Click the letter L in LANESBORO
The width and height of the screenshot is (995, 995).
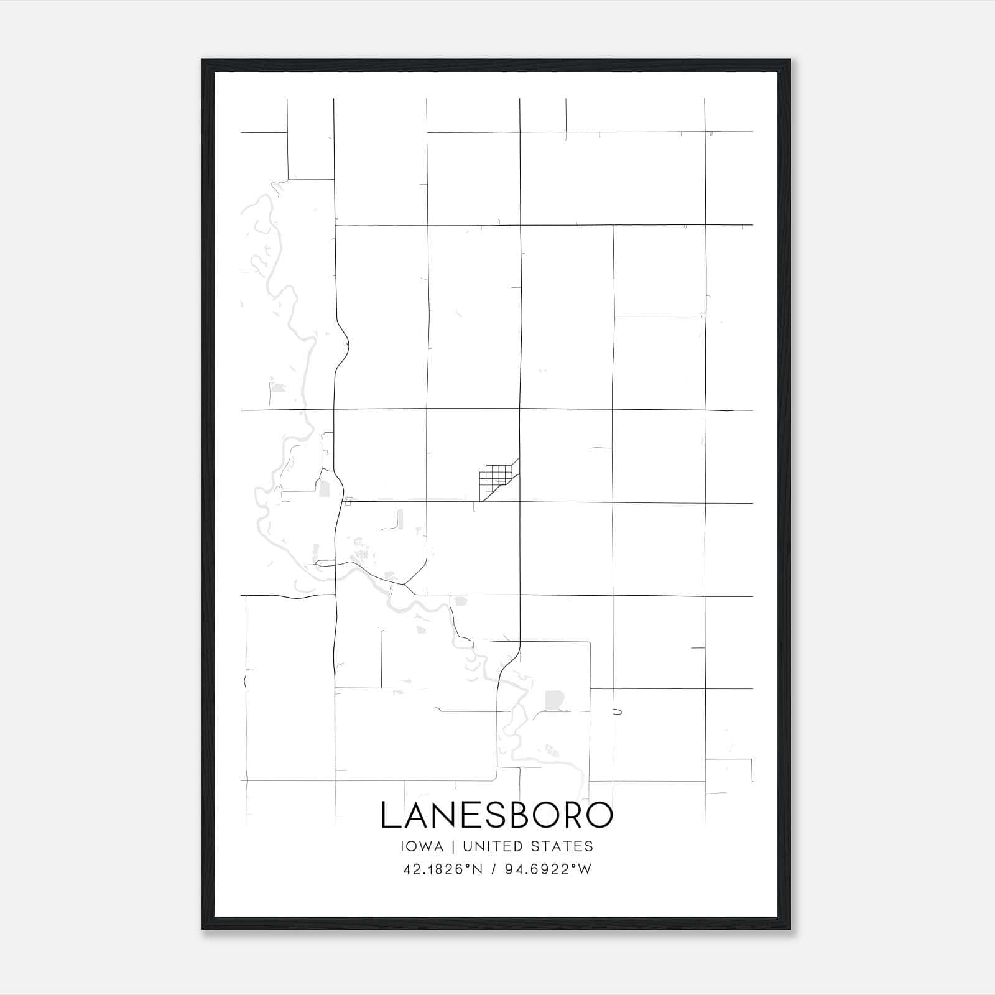tap(389, 815)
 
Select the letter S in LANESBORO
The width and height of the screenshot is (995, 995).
tap(489, 815)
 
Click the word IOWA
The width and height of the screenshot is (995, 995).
tap(423, 846)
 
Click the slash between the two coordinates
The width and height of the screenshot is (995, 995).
tap(494, 869)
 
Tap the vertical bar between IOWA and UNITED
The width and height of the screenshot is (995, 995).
tap(453, 846)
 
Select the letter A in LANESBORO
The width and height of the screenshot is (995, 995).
tap(413, 815)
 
